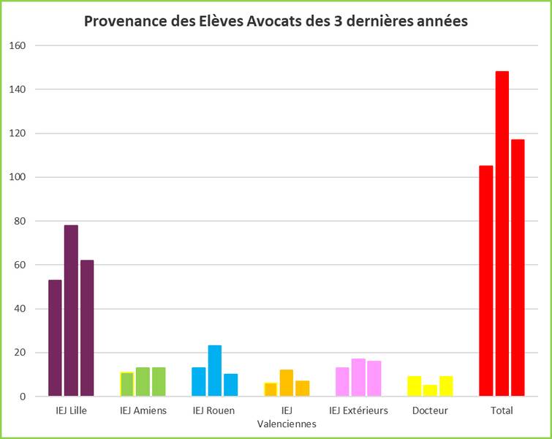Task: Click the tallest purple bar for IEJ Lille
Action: pyautogui.click(x=71, y=310)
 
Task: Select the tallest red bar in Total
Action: pyautogui.click(x=502, y=233)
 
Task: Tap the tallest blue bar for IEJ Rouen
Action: pyautogui.click(x=214, y=371)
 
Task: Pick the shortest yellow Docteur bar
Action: pyautogui.click(x=430, y=391)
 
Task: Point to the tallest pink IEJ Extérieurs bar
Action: pyautogui.click(x=358, y=378)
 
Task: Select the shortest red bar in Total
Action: pyautogui.click(x=486, y=281)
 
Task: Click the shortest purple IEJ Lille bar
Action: pyautogui.click(x=55, y=338)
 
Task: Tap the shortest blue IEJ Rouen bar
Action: pyautogui.click(x=230, y=385)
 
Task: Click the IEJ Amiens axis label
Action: pyautogui.click(x=143, y=410)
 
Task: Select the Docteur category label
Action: pyautogui.click(x=430, y=410)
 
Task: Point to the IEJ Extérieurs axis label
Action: pyautogui.click(x=358, y=410)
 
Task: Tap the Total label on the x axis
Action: pyautogui.click(x=502, y=410)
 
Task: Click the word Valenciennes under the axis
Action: pyautogui.click(x=287, y=424)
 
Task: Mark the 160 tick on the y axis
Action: pyautogui.click(x=18, y=45)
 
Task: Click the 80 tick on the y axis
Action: pyautogui.click(x=20, y=221)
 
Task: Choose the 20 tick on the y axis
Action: pyautogui.click(x=20, y=353)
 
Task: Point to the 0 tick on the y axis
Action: pyautogui.click(x=23, y=397)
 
